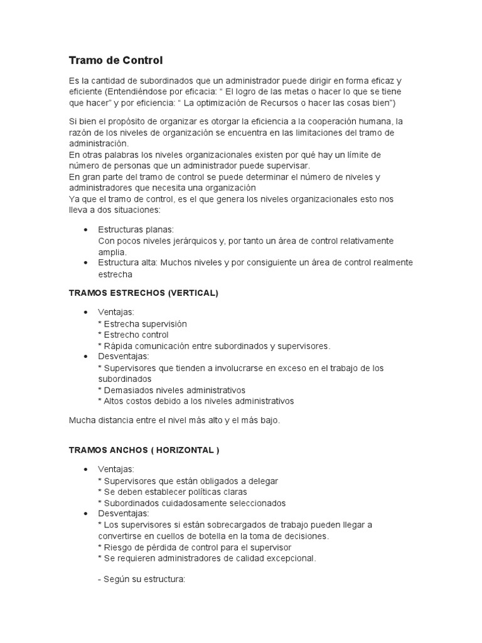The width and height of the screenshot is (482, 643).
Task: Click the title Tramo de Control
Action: coord(115,60)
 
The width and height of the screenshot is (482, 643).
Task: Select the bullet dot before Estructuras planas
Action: coord(85,230)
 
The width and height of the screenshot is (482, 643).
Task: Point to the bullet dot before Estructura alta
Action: coord(85,262)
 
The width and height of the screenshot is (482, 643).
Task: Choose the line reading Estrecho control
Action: coord(133,335)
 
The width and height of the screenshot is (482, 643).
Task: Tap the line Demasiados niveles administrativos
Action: coord(171,390)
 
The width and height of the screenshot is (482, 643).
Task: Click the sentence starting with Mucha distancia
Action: coord(174,420)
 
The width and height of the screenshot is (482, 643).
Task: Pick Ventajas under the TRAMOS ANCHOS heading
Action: coord(115,470)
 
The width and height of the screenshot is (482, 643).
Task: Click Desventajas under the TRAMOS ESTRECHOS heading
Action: coord(124,356)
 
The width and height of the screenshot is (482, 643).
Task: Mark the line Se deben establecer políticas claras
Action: coord(173,492)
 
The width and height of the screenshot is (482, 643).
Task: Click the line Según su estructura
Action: coord(141,580)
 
